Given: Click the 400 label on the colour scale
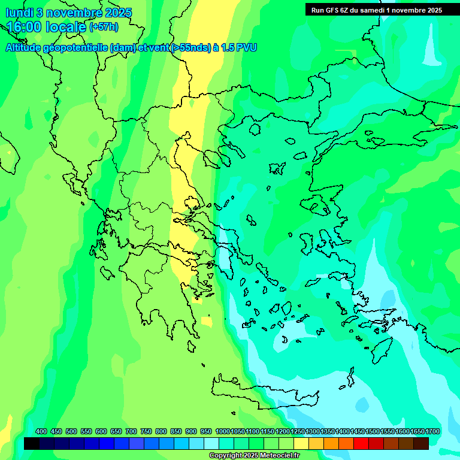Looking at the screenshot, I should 41,431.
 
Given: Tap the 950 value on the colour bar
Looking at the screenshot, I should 206,431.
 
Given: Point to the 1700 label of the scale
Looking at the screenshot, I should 432,431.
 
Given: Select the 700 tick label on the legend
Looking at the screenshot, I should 131,431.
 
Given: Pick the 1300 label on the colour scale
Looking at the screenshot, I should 313,431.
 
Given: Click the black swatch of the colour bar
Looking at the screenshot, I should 32,443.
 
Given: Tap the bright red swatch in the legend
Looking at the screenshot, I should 361,443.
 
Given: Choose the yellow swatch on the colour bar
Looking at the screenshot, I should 301,443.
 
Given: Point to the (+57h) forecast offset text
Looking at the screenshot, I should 104,27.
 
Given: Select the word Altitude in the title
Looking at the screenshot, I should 24,47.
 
